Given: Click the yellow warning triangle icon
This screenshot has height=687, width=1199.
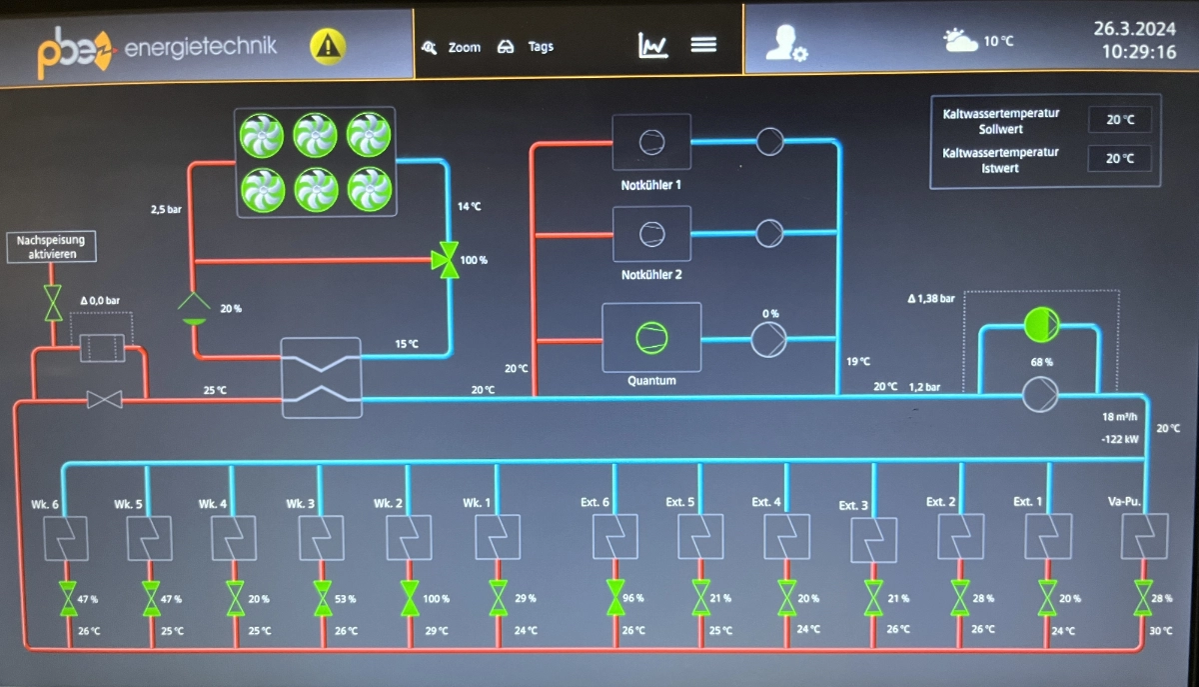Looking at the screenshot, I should point(328,45).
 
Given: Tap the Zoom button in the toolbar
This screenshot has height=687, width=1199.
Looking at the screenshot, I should point(452,47).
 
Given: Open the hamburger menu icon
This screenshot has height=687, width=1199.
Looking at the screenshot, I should point(703,45).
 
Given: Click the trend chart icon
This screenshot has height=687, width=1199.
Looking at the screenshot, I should point(652,45).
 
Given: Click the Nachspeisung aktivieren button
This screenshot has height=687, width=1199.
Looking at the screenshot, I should point(53,247).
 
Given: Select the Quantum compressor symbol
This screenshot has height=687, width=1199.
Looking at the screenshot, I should point(651,338).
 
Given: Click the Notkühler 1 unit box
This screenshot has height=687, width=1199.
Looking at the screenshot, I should point(650,142).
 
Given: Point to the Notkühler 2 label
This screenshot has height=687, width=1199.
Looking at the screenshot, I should point(650,274).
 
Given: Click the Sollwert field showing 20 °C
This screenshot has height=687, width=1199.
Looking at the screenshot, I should point(1119,120).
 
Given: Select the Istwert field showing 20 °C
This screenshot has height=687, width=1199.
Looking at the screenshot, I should point(1119,158).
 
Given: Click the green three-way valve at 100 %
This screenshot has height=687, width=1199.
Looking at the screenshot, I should point(445,259).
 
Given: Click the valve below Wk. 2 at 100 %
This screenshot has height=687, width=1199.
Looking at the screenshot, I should point(410,598).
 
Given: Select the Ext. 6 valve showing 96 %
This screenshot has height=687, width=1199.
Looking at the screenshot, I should point(615,598).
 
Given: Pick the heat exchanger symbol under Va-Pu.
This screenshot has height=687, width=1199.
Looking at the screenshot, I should point(1143,537).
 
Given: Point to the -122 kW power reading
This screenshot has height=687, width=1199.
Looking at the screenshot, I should point(1119,439).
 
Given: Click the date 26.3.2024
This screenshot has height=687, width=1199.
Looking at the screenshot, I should point(1135,27).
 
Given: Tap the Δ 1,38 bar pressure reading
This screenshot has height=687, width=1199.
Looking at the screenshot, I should point(931,298).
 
